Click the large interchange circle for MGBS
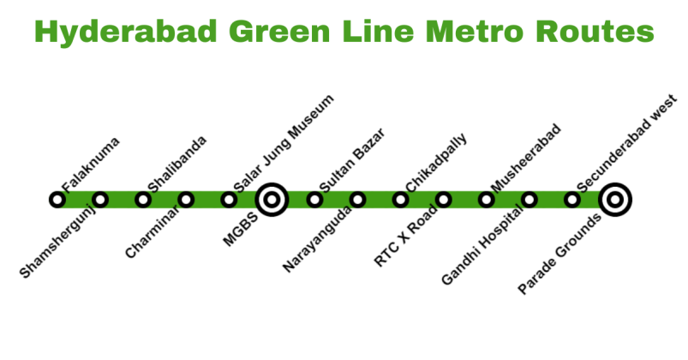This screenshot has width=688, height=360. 272,200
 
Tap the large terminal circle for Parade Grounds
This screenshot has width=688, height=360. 614,200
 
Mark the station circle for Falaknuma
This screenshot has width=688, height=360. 57,200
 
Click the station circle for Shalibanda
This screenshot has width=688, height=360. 143,200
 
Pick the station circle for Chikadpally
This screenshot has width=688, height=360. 400,200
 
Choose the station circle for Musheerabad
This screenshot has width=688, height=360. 486,200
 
